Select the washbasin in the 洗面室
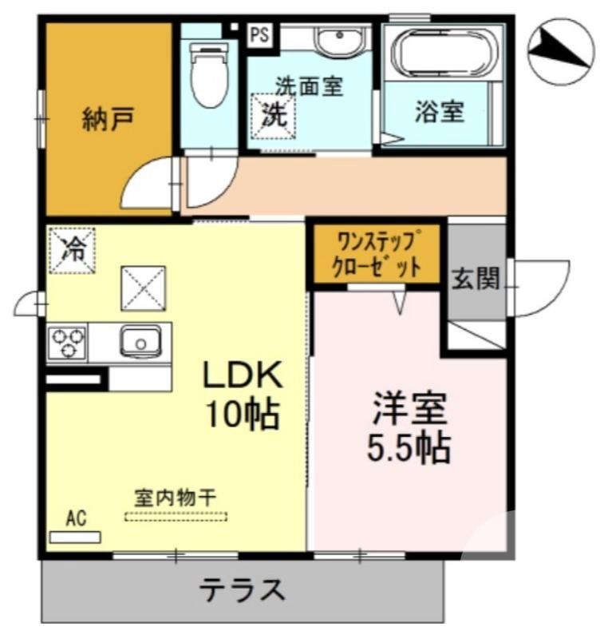point(338,40)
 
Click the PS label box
point(259,34)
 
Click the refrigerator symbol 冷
point(71,248)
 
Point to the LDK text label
point(242,375)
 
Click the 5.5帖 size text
point(409,449)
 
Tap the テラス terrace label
point(242,592)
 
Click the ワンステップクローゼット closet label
point(377,254)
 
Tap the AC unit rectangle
point(75,537)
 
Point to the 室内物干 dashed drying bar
point(176,516)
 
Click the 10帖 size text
point(242,413)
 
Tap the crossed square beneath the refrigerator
point(144,288)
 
